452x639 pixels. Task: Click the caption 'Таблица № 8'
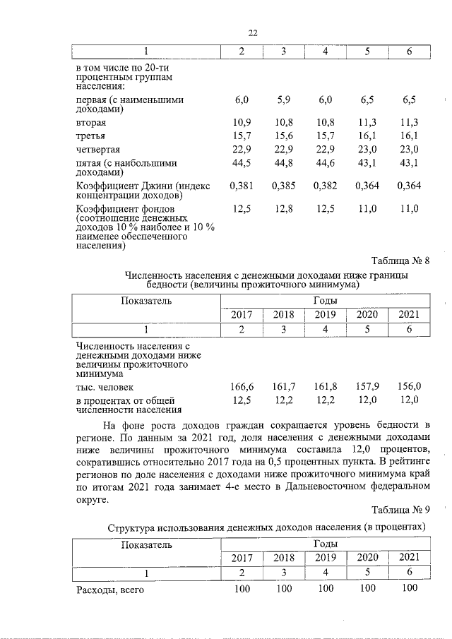pos(400,261)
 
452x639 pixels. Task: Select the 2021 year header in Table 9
pos(409,557)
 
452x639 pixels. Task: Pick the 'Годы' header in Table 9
pos(326,544)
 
